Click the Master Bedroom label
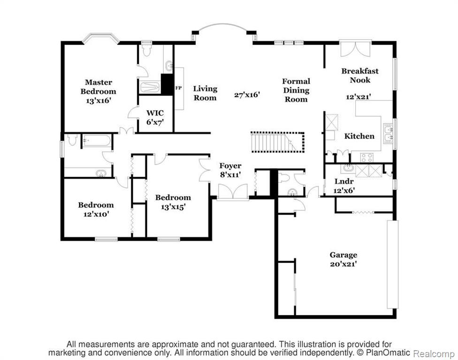(x=98, y=87)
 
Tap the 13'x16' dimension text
(x=99, y=101)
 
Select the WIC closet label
(x=155, y=112)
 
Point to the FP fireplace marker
(x=178, y=88)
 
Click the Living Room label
(x=205, y=93)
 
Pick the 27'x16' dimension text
(x=247, y=95)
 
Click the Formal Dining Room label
(x=296, y=90)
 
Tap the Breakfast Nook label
(x=360, y=75)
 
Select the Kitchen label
(x=359, y=136)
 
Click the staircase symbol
(x=277, y=142)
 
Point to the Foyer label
(x=230, y=166)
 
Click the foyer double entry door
(x=233, y=192)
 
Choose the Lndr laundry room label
(x=344, y=181)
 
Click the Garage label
(x=343, y=255)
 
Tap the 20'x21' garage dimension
(x=343, y=264)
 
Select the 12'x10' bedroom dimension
(x=96, y=214)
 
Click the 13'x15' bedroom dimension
(x=173, y=207)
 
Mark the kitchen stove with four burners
(x=366, y=157)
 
